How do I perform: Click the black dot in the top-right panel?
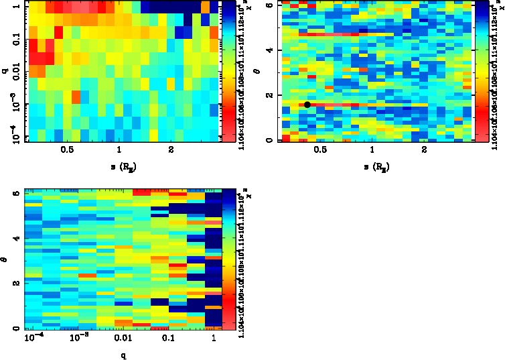tap(307, 105)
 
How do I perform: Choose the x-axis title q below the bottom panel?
tap(125, 355)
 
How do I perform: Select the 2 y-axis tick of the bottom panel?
tap(15, 284)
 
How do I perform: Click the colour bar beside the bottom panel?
tap(229, 259)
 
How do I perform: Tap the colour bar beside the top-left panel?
tap(228, 70)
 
